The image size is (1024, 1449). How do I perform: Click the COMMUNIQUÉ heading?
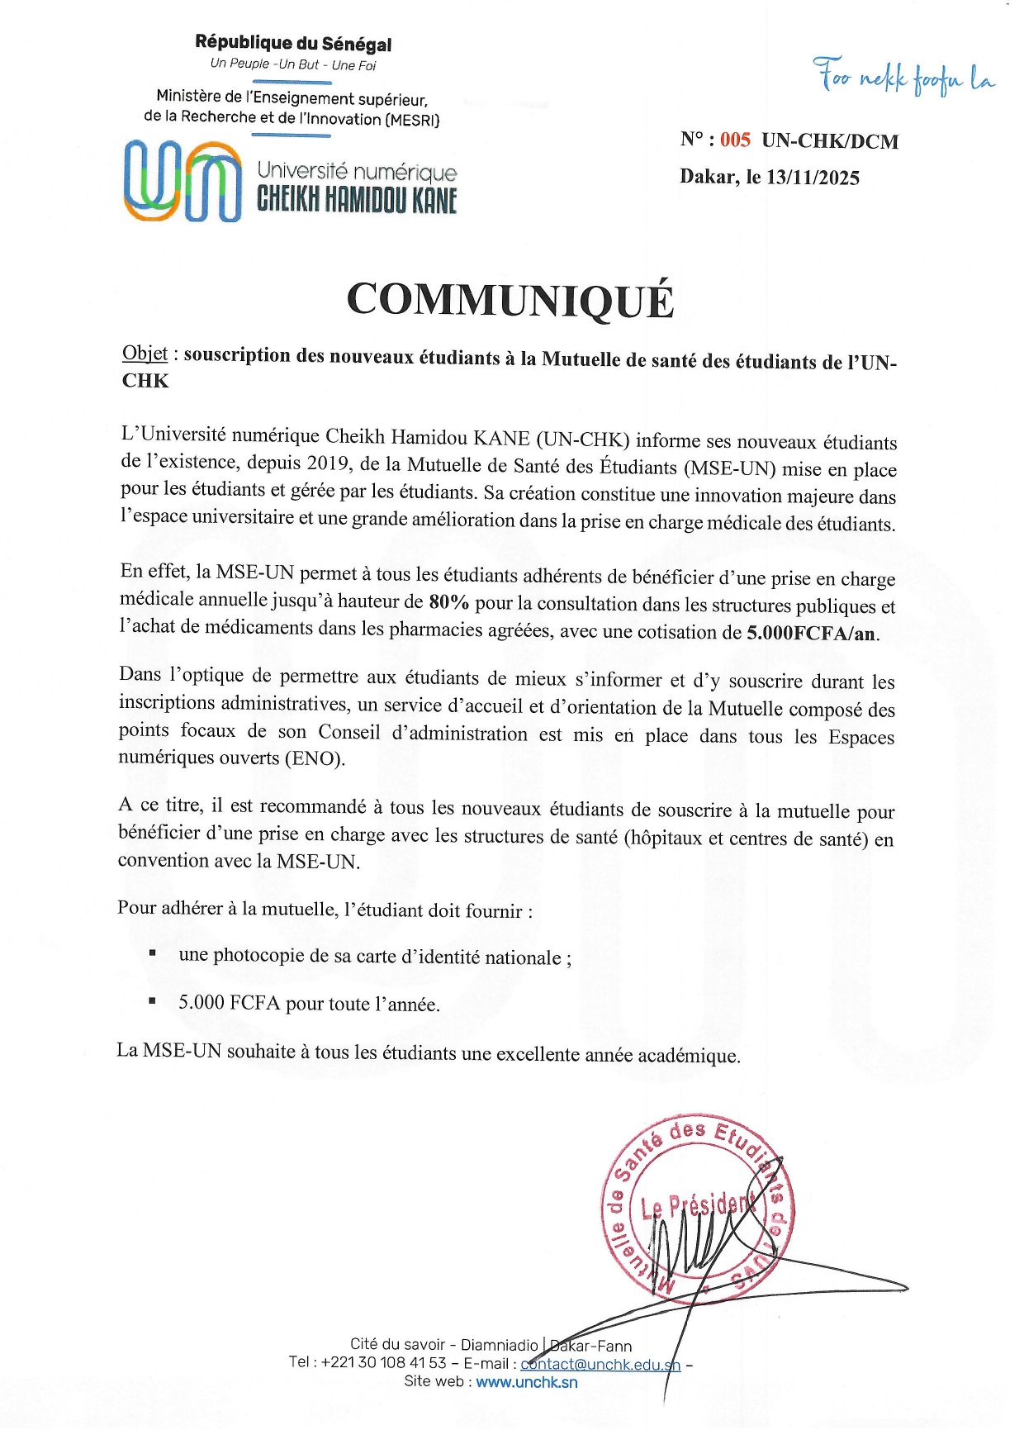[x=510, y=299]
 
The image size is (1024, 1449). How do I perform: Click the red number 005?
[x=735, y=140]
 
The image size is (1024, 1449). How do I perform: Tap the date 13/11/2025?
[x=813, y=178]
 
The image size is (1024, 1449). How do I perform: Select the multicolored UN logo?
[x=183, y=180]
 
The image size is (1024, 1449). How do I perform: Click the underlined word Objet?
[x=145, y=354]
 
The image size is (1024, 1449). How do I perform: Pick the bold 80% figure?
[x=449, y=601]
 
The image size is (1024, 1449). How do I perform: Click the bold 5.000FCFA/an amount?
[x=813, y=634]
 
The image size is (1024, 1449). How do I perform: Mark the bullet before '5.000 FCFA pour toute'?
[x=153, y=1000]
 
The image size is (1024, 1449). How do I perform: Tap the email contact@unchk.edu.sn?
[x=600, y=1364]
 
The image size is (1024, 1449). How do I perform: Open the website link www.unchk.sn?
[x=527, y=1382]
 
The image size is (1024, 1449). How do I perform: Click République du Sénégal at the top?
[x=293, y=43]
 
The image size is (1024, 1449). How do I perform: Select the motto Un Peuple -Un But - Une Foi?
[x=293, y=64]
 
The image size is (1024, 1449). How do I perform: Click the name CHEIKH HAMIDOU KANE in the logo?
[x=357, y=200]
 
